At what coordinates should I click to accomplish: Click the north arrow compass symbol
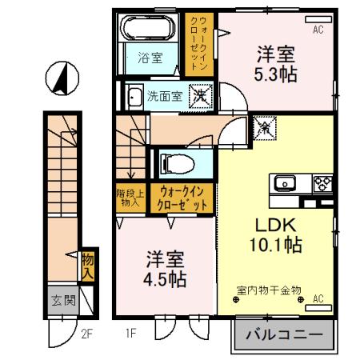[x=61, y=78]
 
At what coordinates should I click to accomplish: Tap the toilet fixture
[x=178, y=163]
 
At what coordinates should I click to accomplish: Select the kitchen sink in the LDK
[x=284, y=183]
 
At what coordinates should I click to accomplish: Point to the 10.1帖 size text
[x=274, y=243]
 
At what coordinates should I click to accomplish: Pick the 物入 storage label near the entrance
[x=88, y=264]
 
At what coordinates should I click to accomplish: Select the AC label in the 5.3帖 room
[x=318, y=30]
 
